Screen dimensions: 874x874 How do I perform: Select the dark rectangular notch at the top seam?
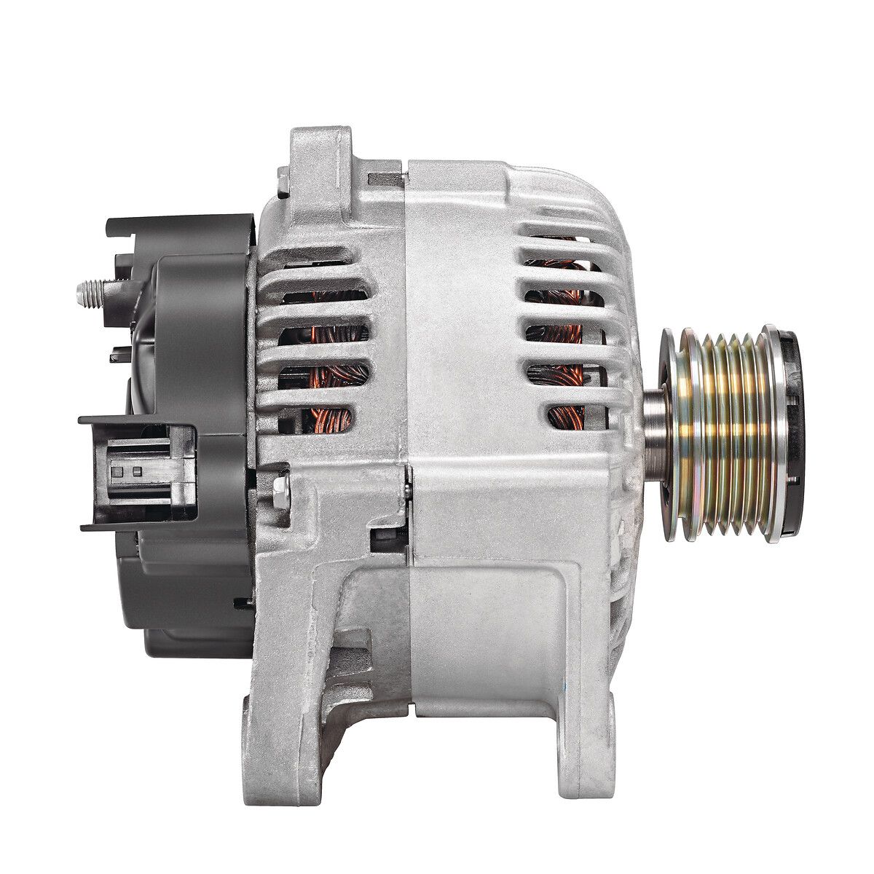386,178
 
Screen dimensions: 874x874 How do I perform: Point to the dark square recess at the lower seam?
386,539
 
